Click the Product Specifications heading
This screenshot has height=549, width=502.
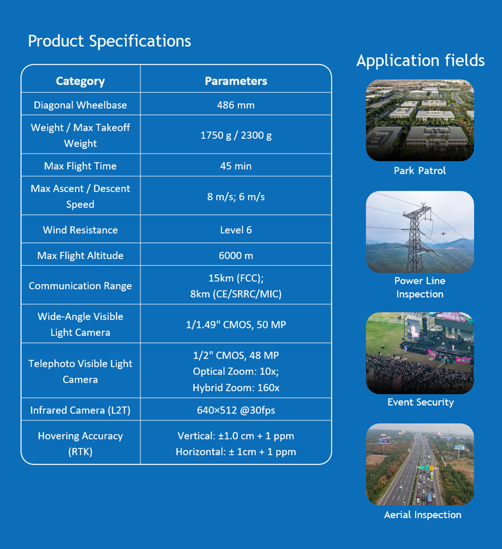coord(109,41)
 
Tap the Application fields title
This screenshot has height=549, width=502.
coord(420,61)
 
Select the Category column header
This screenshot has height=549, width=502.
coord(80,81)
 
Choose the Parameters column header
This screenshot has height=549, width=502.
coord(236,81)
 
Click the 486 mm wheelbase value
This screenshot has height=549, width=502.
coord(236,105)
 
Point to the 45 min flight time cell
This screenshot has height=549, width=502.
coord(236,166)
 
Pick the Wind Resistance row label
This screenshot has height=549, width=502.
coord(80,230)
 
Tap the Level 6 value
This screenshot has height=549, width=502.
coord(236,230)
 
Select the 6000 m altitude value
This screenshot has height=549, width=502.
coord(236,256)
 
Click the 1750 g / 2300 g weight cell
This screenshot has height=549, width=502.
coord(236,135)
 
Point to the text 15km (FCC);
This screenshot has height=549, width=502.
coord(236,278)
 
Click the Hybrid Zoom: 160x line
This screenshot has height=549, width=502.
coord(236,388)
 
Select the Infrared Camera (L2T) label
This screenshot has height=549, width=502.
coord(80,411)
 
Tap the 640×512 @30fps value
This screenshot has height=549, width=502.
coord(236,411)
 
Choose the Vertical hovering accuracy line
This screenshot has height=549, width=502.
coord(236,436)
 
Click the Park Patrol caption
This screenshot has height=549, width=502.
coord(420,171)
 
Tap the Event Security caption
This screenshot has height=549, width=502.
coord(421,402)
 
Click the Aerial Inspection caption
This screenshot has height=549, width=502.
coord(422,515)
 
